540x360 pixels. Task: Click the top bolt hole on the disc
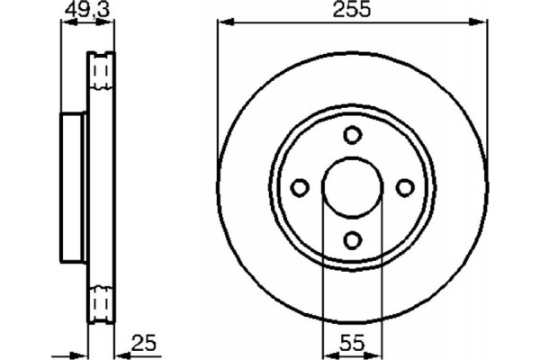(353, 135)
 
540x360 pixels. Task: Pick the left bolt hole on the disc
(301, 186)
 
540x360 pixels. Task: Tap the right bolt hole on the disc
(405, 186)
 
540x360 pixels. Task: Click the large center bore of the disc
(353, 186)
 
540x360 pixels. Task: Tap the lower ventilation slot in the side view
(101, 301)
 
